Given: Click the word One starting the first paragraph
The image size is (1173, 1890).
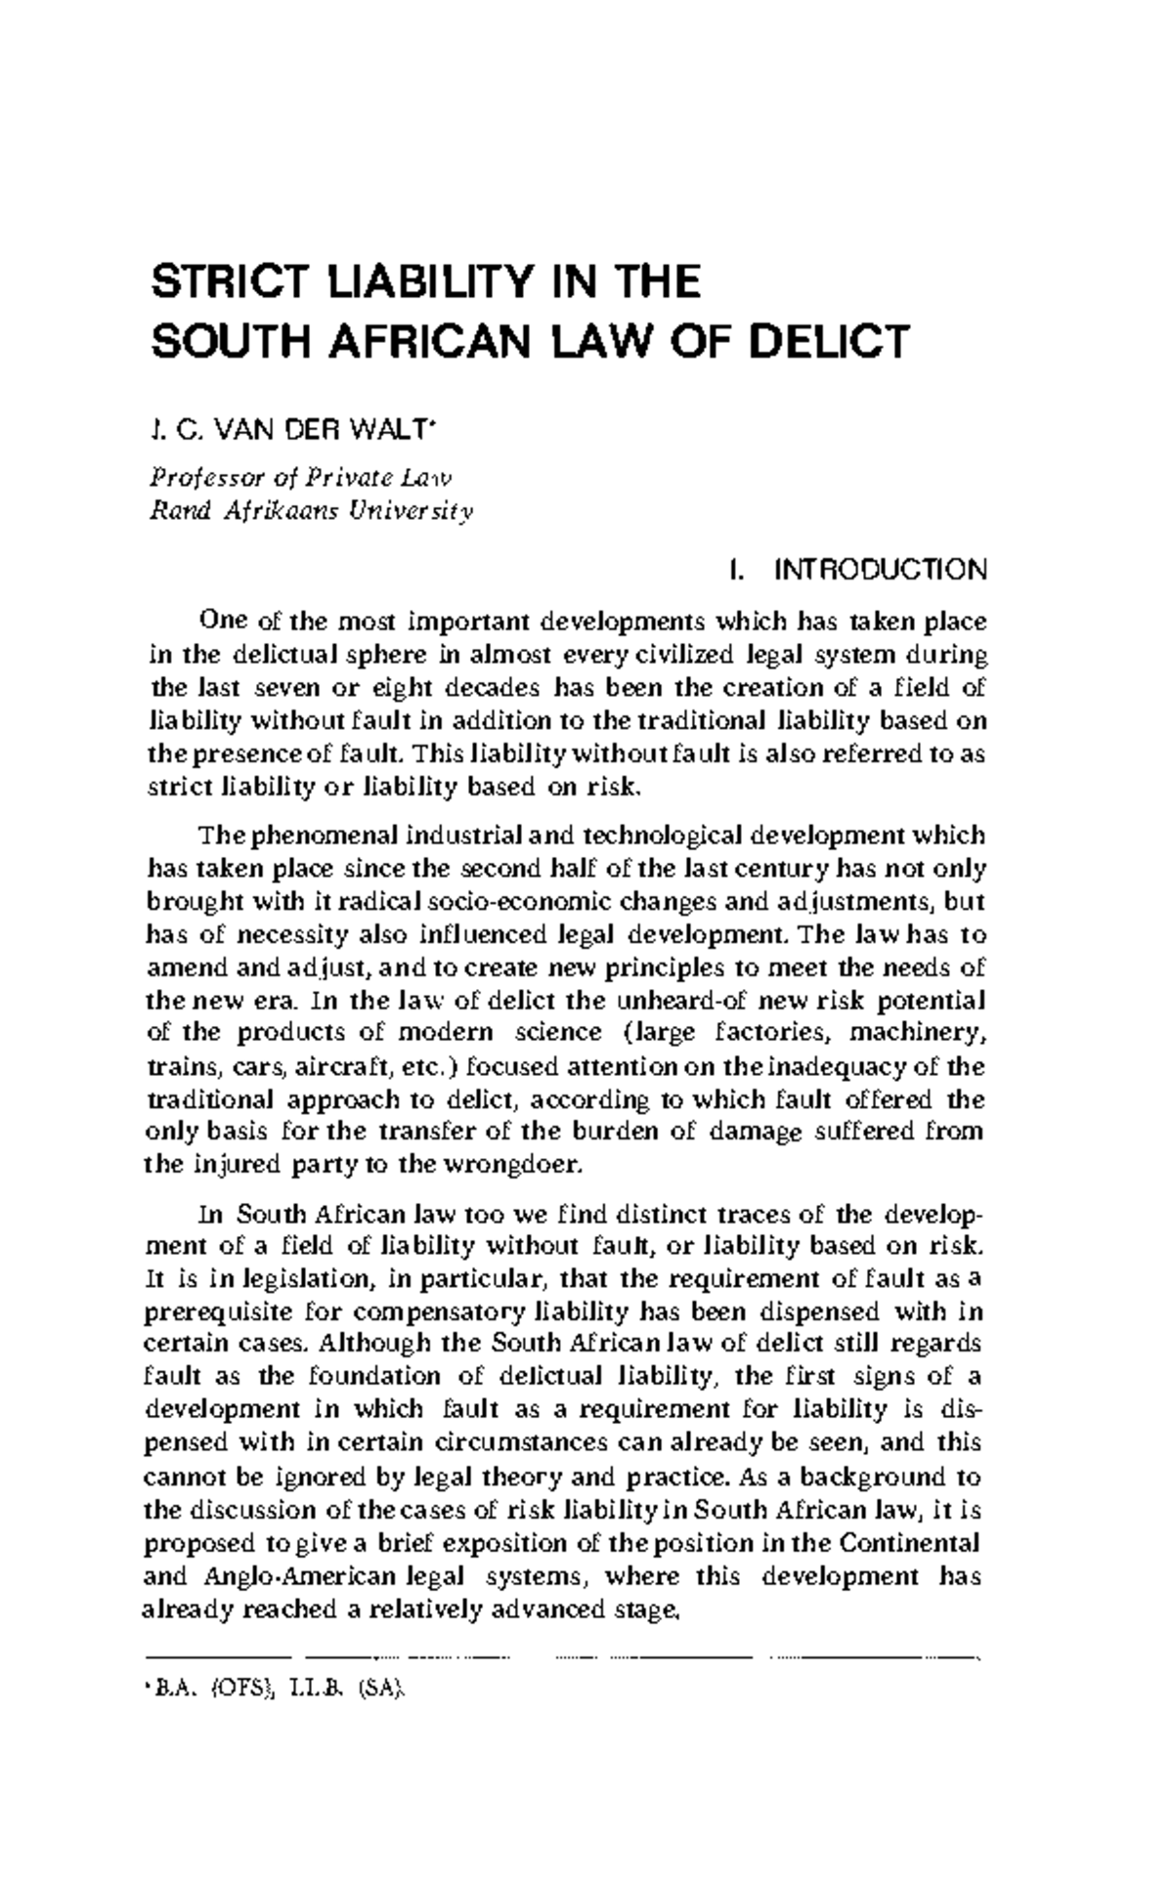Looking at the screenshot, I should click(x=222, y=622).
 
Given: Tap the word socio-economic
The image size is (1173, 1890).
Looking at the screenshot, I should click(x=501, y=902).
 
